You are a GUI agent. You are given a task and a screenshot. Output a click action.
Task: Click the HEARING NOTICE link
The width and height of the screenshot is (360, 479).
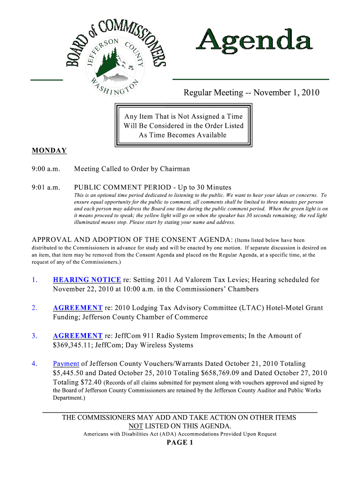[87, 280]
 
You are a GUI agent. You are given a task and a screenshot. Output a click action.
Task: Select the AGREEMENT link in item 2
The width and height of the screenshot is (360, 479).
[78, 308]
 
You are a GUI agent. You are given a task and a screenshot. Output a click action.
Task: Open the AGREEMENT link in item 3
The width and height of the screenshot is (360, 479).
[78, 336]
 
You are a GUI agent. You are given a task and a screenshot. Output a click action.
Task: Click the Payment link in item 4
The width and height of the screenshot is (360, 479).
[66, 363]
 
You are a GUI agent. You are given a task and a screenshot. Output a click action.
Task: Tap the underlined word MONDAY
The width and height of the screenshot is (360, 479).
[49, 151]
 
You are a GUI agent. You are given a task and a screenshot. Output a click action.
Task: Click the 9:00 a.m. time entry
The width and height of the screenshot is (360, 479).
[46, 169]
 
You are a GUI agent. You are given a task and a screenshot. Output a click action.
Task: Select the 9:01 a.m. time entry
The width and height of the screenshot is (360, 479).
[46, 188]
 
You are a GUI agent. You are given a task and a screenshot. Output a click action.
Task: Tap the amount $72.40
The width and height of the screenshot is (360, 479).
[88, 382]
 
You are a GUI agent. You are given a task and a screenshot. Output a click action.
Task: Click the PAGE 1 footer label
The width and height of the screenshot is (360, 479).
[180, 443]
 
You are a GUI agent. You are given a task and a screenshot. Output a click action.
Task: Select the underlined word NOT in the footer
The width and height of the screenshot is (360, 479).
[136, 426]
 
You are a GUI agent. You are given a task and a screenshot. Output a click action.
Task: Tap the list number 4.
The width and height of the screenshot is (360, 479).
[34, 363]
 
